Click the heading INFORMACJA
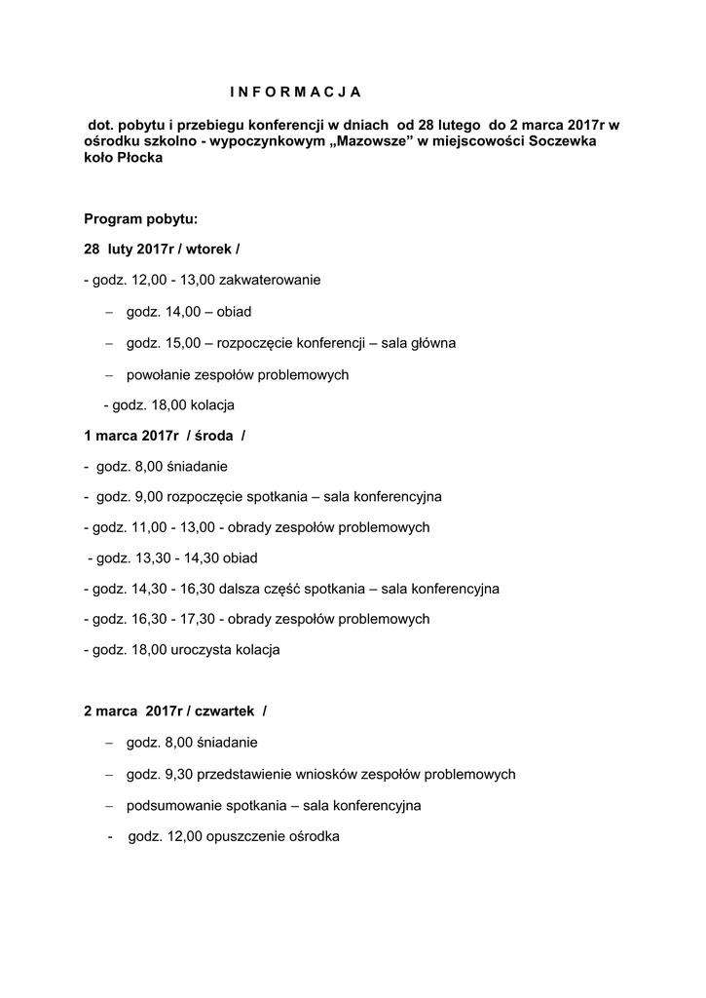pyautogui.click(x=295, y=93)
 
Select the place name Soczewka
pyautogui.click(x=555, y=142)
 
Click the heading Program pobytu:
pyautogui.click(x=140, y=218)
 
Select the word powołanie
pyautogui.click(x=157, y=373)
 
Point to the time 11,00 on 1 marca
pyautogui.click(x=148, y=527)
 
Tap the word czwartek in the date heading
pyautogui.click(x=225, y=711)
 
